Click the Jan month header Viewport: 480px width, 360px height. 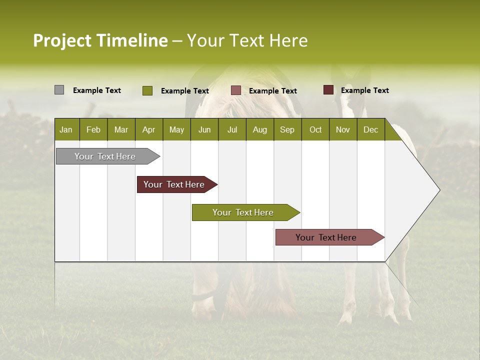point(66,129)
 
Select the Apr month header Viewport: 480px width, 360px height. point(148,129)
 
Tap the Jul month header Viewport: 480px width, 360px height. point(232,129)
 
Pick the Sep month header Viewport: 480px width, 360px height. point(287,129)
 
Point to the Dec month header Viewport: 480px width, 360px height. point(370,129)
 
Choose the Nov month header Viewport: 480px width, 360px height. point(342,129)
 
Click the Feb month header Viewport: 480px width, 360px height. point(93,129)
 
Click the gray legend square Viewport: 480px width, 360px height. point(59,90)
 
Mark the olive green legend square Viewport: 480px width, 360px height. point(147,90)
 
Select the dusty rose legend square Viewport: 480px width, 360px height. point(236,90)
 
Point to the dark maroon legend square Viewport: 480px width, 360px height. point(328,90)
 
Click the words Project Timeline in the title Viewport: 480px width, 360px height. point(100,40)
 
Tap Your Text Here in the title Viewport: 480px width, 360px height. point(247,40)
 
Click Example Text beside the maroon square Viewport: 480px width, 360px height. point(364,90)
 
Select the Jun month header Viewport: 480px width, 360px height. point(204,129)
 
